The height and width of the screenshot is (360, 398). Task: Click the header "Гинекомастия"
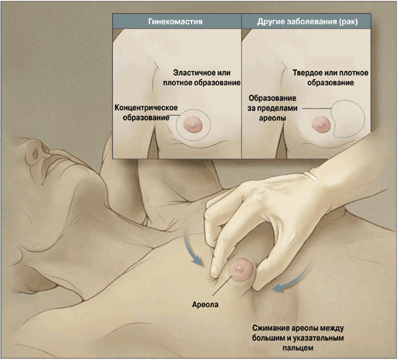(175, 21)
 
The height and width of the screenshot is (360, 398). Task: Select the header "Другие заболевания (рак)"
(307, 21)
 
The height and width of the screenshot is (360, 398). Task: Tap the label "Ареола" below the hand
(205, 305)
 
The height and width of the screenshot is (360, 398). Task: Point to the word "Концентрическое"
(146, 108)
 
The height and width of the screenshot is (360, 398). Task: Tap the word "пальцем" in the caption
(298, 347)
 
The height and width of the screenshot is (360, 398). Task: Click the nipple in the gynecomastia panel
(193, 125)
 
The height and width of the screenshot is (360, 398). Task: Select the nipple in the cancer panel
(321, 125)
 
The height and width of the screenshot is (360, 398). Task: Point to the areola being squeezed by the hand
(240, 270)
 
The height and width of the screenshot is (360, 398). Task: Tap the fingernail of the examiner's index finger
(214, 270)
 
